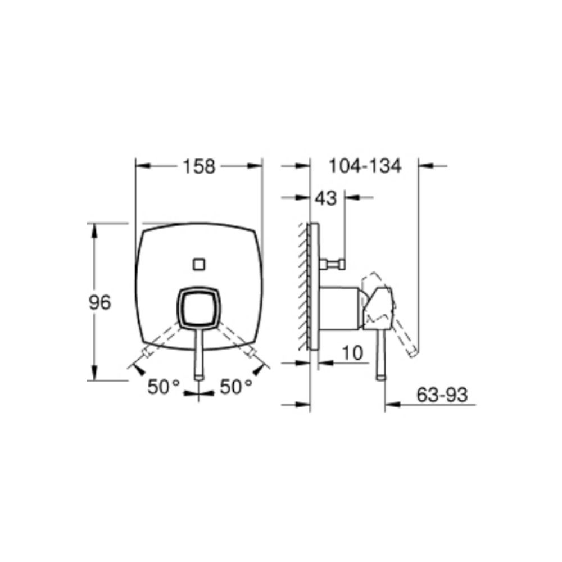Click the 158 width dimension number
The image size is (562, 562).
(x=199, y=167)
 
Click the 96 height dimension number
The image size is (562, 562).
(x=100, y=303)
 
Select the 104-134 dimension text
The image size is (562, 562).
(x=365, y=166)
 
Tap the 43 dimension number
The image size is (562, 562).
(x=326, y=198)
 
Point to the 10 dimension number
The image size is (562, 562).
(x=353, y=353)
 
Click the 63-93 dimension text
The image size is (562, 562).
(x=442, y=395)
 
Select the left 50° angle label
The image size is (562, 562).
(x=163, y=387)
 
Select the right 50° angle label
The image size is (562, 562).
(x=236, y=387)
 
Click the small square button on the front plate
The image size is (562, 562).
(x=199, y=265)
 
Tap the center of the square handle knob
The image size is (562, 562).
(x=199, y=307)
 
